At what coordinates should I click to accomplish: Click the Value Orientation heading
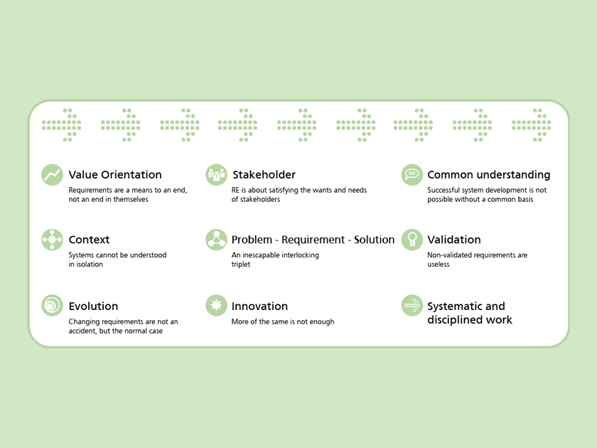[115, 175]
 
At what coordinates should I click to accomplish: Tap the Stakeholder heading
[264, 175]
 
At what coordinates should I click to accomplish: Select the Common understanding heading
[488, 175]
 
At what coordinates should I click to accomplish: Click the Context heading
[89, 240]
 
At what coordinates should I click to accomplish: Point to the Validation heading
[453, 240]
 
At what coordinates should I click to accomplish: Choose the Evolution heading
[93, 306]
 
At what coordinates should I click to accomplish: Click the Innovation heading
[259, 306]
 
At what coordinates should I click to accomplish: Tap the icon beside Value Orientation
[52, 175]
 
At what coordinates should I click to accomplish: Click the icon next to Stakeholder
[216, 175]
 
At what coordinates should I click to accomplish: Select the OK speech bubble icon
[412, 175]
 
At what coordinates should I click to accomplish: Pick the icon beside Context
[52, 240]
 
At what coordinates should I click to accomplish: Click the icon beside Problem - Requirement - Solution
[216, 240]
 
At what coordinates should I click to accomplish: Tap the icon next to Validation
[412, 240]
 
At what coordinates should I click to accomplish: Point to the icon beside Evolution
[52, 306]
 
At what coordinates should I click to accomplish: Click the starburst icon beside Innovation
[216, 306]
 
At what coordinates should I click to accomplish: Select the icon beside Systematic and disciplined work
[412, 306]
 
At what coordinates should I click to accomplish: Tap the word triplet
[241, 265]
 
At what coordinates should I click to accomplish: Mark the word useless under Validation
[439, 265]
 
